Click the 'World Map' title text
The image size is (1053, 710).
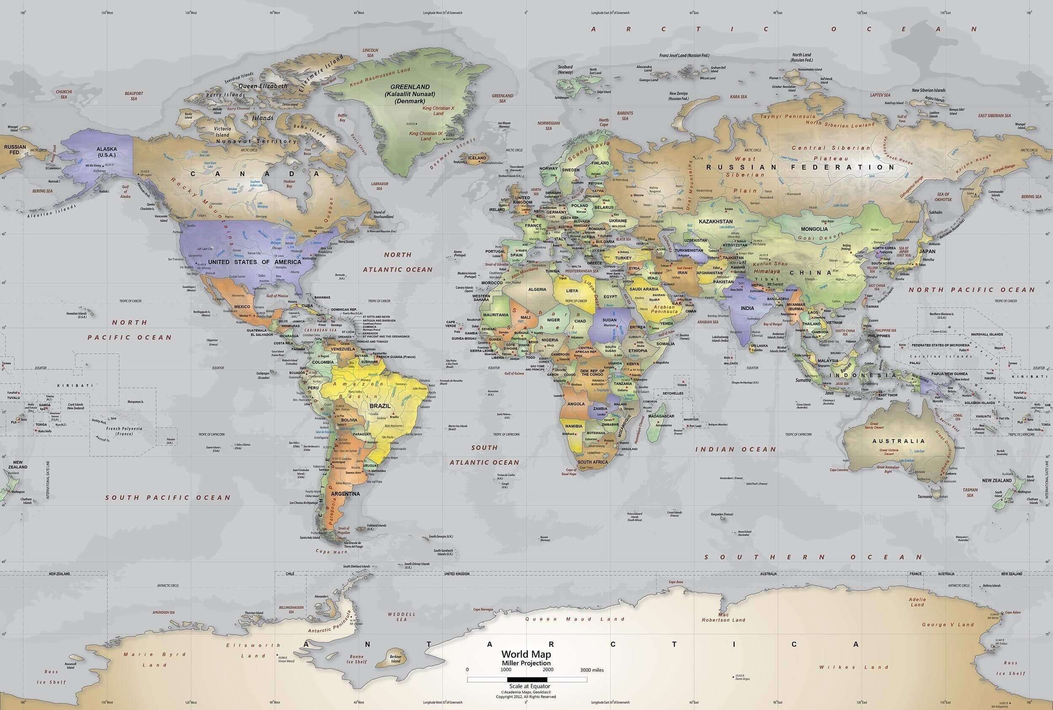pos(526,654)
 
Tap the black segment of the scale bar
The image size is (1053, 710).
pos(527,680)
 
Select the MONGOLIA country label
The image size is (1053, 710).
pos(814,229)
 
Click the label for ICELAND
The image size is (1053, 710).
pos(477,158)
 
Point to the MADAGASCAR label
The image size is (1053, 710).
pos(661,416)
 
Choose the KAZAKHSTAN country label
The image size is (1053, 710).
pos(716,222)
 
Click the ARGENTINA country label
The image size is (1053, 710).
pos(345,494)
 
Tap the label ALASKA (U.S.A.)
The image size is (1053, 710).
pos(107,152)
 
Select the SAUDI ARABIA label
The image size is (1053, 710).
pos(644,289)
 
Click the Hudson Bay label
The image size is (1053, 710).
pos(289,183)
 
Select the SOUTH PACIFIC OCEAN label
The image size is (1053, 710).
pos(168,497)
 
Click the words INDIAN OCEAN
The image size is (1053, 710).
pos(735,449)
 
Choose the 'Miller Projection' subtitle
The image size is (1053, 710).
pos(526,663)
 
